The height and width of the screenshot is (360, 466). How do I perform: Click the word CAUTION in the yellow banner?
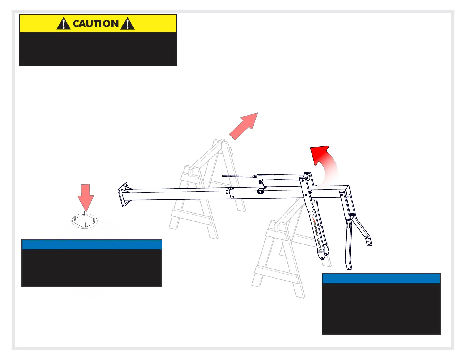point(96,24)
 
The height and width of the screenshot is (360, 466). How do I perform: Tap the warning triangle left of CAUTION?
point(64,24)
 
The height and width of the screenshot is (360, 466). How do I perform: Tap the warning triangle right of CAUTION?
point(127,24)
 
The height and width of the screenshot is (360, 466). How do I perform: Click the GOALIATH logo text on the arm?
point(317,235)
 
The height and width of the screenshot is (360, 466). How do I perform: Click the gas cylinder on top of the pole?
point(279,177)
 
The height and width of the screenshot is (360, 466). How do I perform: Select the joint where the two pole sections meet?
point(230,192)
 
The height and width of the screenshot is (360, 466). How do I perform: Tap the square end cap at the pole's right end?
point(347,191)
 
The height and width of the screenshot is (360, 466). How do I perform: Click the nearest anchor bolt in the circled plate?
point(86,224)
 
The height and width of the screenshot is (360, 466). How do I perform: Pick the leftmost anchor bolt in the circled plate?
point(75,218)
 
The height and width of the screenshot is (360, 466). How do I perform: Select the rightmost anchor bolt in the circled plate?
point(94,219)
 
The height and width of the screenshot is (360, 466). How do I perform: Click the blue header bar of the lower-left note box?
point(92,245)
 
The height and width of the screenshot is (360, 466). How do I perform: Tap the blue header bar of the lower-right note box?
point(381,278)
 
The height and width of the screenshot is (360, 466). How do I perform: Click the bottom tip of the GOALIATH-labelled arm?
point(323,258)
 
